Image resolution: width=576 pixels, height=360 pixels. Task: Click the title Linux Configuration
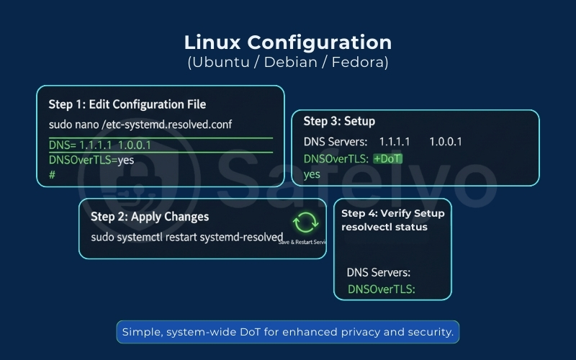[x=288, y=42]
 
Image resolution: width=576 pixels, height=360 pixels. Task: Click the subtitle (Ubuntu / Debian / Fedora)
[x=288, y=63]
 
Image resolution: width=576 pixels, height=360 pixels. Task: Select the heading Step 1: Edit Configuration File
[x=127, y=104]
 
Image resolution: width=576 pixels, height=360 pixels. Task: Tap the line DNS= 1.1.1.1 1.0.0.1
[x=100, y=145]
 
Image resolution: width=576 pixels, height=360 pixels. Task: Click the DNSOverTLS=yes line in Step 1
[x=91, y=160]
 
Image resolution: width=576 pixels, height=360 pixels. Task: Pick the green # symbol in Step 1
[x=52, y=174]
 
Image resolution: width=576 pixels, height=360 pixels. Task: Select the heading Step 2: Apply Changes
[x=150, y=216]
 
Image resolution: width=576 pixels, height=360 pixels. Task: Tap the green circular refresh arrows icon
[x=305, y=222]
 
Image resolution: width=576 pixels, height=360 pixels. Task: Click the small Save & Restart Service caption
[x=302, y=242]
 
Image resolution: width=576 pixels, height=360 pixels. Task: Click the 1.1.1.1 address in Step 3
[x=394, y=141]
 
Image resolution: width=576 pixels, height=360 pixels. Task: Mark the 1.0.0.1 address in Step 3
[x=445, y=141]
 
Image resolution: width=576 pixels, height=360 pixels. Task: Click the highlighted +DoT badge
[x=387, y=158]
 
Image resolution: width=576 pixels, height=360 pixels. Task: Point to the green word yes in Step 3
[x=312, y=174]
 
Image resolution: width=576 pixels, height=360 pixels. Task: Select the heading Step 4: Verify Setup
[x=392, y=213]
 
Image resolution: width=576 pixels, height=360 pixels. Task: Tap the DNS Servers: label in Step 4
[x=379, y=273]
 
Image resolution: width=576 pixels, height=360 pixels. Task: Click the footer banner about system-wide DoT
[x=288, y=332]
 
